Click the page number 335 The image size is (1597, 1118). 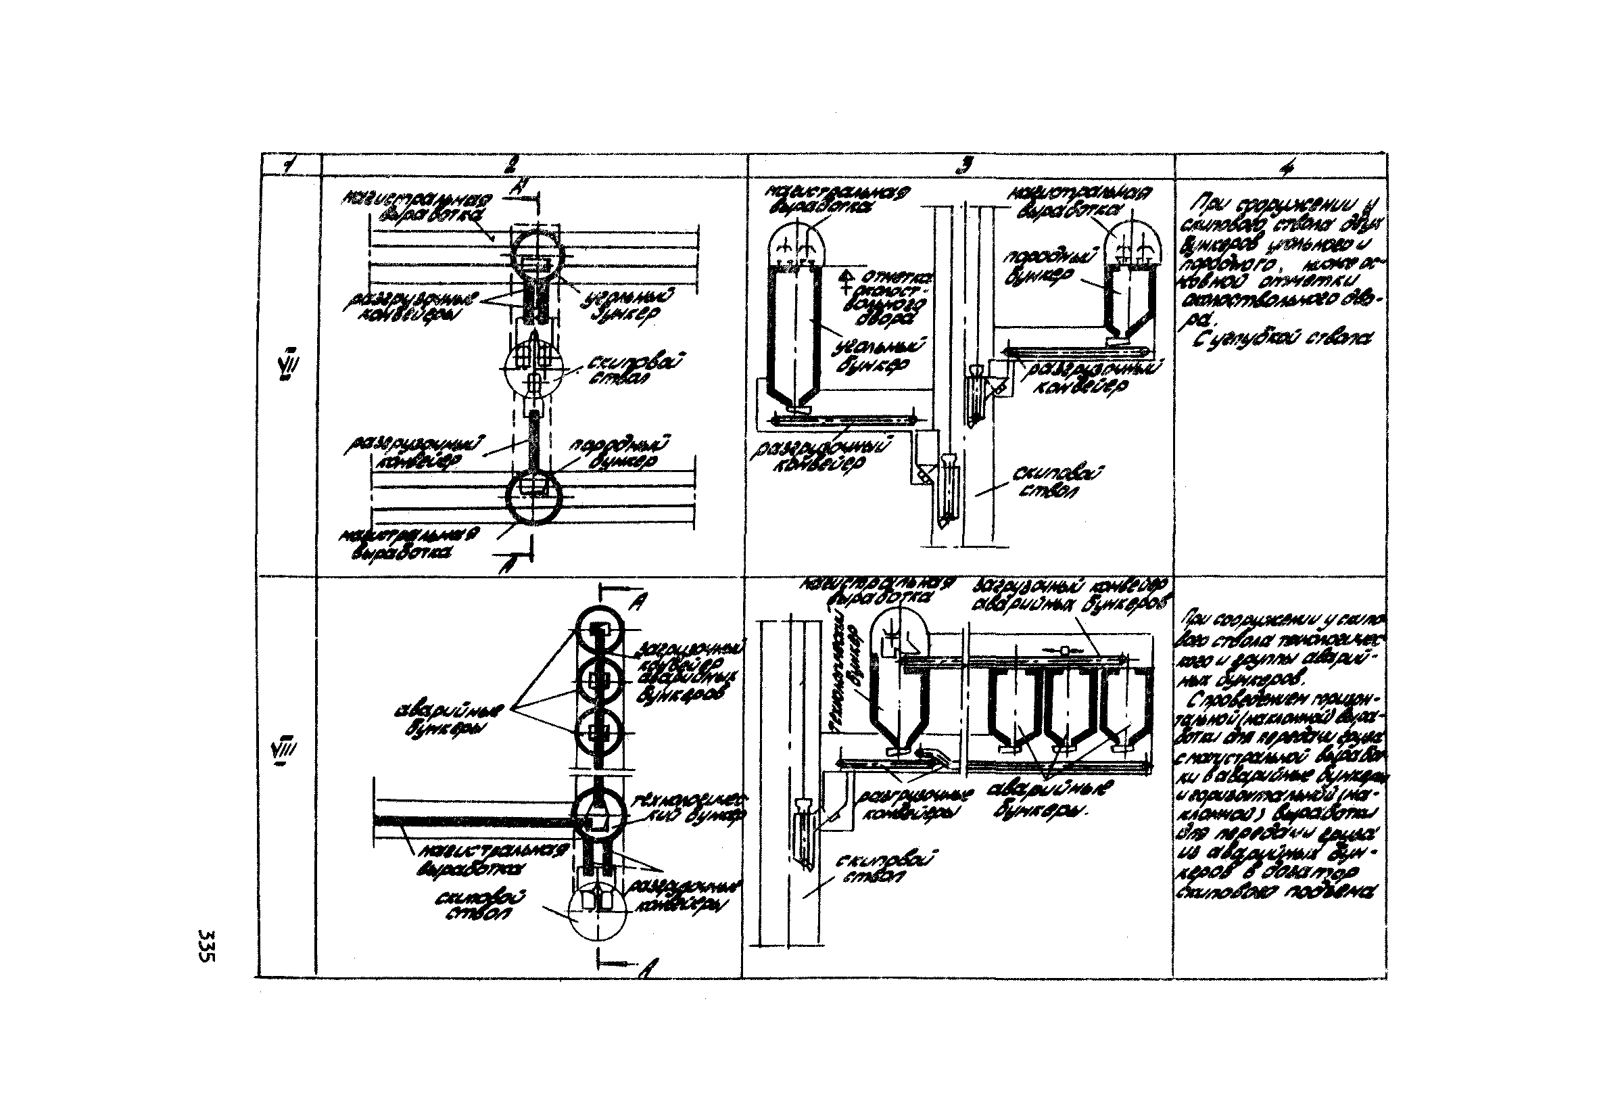pyautogui.click(x=208, y=946)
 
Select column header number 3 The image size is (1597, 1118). pyautogui.click(x=963, y=164)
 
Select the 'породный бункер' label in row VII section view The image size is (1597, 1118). pyautogui.click(x=1043, y=268)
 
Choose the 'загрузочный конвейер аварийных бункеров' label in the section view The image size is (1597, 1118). pyautogui.click(x=1071, y=593)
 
